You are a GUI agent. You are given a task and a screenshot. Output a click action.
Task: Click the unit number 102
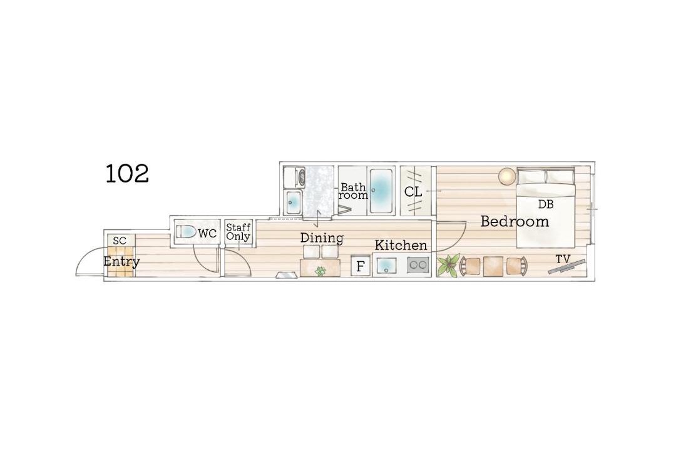click(x=127, y=174)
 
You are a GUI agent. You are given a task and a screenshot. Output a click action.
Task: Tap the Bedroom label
click(x=515, y=221)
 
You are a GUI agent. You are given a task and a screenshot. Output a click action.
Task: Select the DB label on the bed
click(x=546, y=204)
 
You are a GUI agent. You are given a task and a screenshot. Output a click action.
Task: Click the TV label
click(x=563, y=259)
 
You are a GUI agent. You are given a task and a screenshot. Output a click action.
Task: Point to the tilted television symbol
click(x=567, y=266)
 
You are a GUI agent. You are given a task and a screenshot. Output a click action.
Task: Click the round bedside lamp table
click(x=507, y=176)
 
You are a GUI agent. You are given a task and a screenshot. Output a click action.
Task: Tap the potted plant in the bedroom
click(x=448, y=265)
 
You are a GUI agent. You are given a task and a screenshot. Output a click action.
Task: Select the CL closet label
click(x=413, y=192)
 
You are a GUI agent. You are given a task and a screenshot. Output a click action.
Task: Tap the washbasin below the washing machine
click(x=293, y=202)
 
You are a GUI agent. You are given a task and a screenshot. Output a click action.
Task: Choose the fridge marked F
click(x=361, y=266)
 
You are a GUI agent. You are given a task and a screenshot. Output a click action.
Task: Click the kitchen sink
click(x=386, y=266)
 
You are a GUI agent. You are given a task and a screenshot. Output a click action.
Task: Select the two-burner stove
click(x=417, y=265)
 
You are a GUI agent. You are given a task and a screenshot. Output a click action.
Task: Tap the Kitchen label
click(x=401, y=246)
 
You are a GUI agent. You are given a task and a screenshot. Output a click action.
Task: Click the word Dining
click(x=322, y=237)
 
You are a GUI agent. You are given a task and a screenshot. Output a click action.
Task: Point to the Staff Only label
click(x=238, y=232)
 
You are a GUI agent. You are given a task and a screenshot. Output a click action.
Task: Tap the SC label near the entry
click(x=120, y=241)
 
